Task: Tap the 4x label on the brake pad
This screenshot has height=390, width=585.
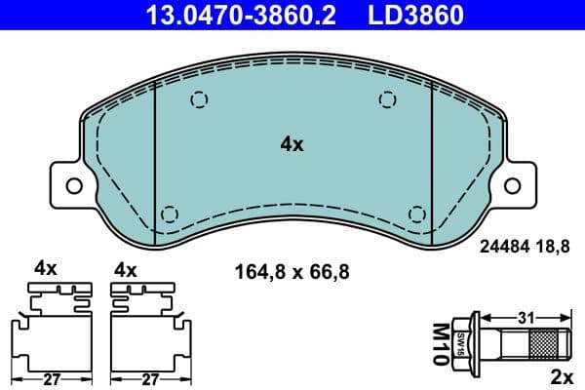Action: click(292, 144)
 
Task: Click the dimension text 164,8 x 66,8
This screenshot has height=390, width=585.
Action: click(289, 270)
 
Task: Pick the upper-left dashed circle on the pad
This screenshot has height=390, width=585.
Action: click(199, 98)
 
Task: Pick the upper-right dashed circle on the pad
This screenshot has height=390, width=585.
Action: click(388, 98)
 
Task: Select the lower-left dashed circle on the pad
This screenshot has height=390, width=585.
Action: click(168, 214)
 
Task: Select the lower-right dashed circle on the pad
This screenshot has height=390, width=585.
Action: click(418, 214)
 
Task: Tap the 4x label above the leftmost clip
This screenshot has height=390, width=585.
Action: click(46, 267)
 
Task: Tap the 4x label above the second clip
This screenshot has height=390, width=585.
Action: click(126, 267)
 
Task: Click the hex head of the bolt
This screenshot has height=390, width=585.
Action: click(465, 343)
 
